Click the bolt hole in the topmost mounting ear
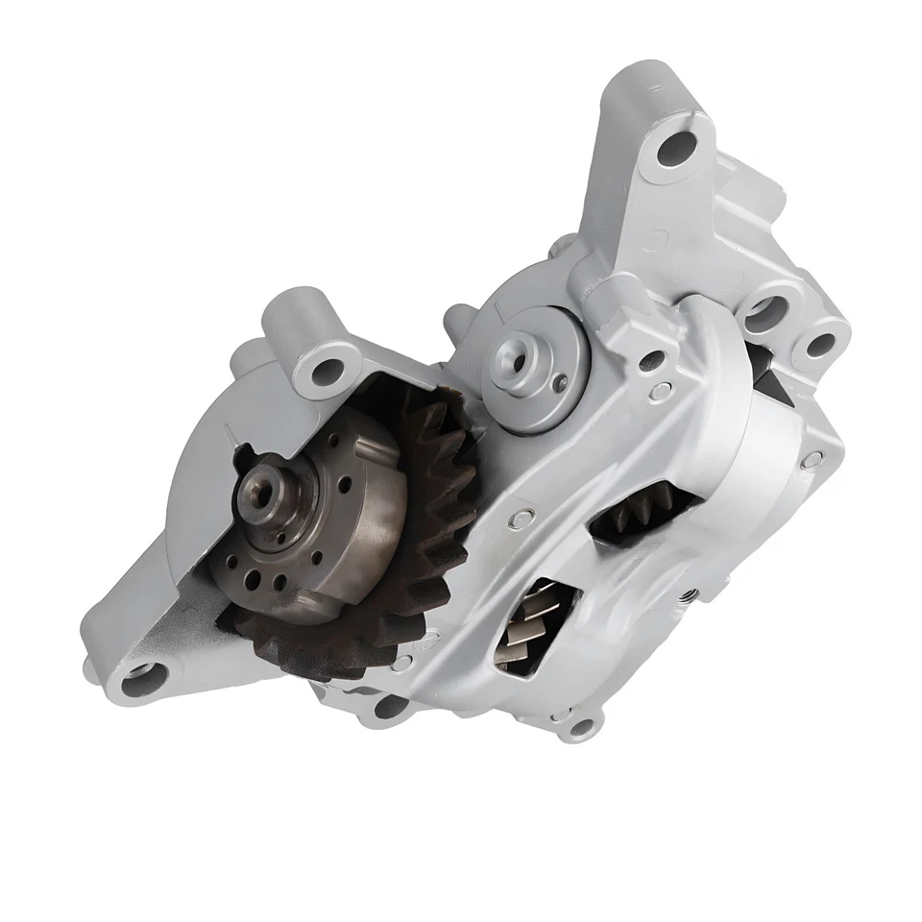point(677,146)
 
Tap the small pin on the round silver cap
point(560,384)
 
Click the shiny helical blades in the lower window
point(531,621)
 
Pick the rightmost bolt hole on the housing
point(819,345)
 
